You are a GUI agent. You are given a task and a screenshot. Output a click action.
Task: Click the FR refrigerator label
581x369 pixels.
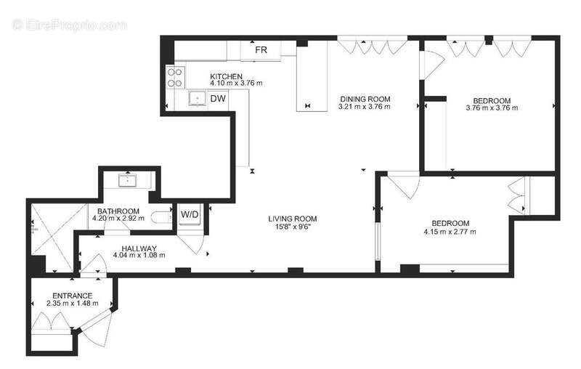(x=261, y=50)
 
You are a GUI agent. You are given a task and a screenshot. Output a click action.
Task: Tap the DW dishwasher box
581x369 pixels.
(x=218, y=99)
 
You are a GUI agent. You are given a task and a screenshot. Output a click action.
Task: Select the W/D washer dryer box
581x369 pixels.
(x=190, y=214)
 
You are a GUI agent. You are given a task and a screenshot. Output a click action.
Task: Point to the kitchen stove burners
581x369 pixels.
(x=174, y=78)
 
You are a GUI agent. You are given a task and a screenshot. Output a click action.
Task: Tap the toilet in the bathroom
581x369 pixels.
(x=161, y=216)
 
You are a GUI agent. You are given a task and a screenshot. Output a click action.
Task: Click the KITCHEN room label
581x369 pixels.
(x=226, y=76)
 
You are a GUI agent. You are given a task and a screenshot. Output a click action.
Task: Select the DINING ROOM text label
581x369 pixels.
(x=365, y=99)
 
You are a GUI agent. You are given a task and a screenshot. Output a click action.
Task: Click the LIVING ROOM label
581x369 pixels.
(x=292, y=219)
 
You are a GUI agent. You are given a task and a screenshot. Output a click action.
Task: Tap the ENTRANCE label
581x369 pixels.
(x=72, y=296)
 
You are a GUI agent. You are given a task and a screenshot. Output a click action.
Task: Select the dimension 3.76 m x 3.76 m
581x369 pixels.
(x=492, y=108)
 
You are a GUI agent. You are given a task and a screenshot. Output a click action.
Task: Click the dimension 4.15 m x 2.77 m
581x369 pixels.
(x=450, y=232)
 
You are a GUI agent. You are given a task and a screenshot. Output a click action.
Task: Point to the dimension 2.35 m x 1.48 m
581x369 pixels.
(x=72, y=304)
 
